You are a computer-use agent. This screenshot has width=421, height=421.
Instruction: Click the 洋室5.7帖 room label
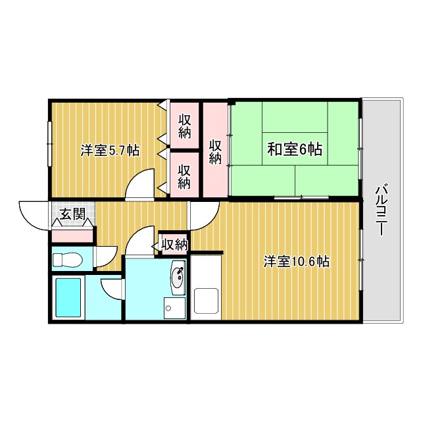[109, 150]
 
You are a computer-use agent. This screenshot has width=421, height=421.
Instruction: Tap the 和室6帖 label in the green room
[294, 150]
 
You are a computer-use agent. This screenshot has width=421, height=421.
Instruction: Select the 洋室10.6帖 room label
[297, 261]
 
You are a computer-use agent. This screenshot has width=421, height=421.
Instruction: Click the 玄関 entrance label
[72, 214]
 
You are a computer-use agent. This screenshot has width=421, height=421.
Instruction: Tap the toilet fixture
[66, 259]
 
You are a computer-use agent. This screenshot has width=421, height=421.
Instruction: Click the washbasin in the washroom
[176, 277]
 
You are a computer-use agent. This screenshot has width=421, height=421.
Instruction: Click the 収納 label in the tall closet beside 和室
[215, 151]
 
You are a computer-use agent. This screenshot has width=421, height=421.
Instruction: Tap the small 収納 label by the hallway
[175, 245]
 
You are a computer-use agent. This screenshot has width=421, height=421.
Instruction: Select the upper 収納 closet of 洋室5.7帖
[184, 126]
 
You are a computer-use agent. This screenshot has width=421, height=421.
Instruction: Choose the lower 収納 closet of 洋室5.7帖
[184, 174]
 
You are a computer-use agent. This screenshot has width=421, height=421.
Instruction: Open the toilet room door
[105, 257]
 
